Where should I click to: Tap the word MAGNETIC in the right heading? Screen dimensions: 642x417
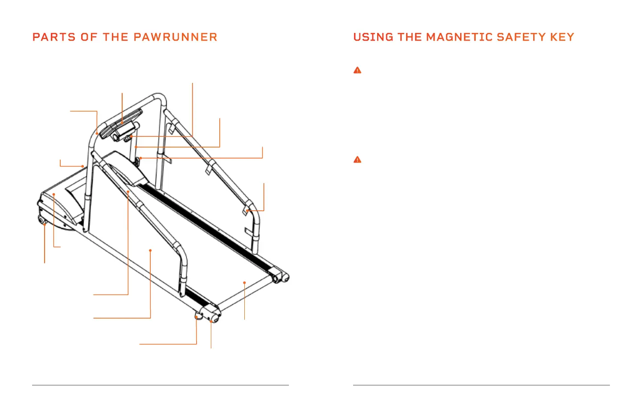pyautogui.click(x=453, y=37)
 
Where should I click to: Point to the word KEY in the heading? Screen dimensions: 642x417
pyautogui.click(x=562, y=37)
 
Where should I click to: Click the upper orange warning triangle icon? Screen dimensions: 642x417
pyautogui.click(x=357, y=70)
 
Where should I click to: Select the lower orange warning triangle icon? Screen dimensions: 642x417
pyautogui.click(x=357, y=159)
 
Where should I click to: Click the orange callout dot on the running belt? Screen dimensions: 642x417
pyautogui.click(x=244, y=282)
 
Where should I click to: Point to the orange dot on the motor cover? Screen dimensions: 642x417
pyautogui.click(x=53, y=194)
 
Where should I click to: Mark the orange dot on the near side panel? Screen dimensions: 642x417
pyautogui.click(x=150, y=250)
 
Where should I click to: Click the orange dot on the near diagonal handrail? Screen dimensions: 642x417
pyautogui.click(x=128, y=192)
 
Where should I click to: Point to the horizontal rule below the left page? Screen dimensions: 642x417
pyautogui.click(x=160, y=385)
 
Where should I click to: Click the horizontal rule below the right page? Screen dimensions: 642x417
pyautogui.click(x=481, y=385)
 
